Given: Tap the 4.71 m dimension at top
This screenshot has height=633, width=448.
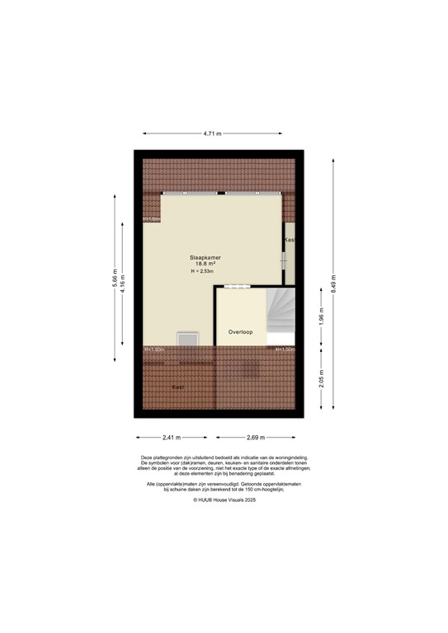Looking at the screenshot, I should coord(212,132).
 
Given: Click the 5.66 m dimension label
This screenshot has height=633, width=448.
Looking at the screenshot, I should coord(113,278).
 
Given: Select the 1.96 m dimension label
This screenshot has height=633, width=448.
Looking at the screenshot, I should coord(323,316).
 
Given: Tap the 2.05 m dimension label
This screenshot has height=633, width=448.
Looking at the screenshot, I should coord(323,379).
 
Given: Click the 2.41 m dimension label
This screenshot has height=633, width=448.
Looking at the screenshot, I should coord(172,438).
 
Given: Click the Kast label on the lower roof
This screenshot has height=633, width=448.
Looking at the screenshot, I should coord(177,387).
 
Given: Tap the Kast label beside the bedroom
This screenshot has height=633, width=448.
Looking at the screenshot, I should coord(289,240).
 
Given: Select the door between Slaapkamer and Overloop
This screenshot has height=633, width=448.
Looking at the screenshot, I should coord(235,286).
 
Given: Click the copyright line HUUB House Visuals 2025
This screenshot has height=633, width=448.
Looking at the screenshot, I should coord(224,499).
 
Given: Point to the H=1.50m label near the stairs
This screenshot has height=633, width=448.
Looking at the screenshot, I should coord(285,349).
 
